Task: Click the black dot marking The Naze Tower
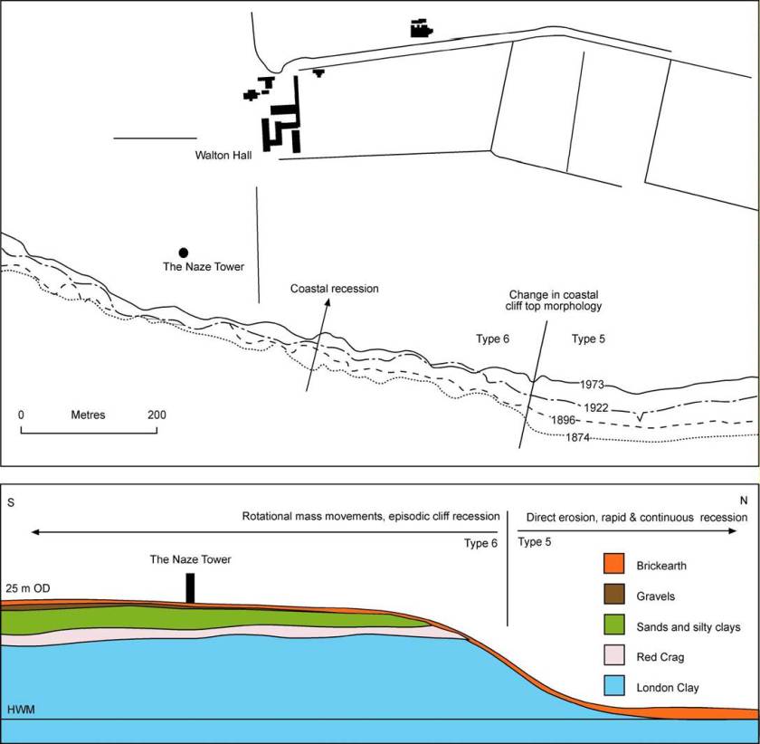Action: click(x=184, y=252)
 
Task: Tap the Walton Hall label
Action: click(x=223, y=155)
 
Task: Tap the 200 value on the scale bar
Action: click(x=157, y=415)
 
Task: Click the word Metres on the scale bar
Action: click(x=88, y=415)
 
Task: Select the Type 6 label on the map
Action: click(x=494, y=339)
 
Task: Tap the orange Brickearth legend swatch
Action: click(x=615, y=567)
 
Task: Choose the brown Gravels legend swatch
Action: click(x=615, y=596)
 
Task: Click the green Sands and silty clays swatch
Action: click(x=615, y=626)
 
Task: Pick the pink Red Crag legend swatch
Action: click(x=615, y=657)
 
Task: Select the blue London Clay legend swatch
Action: click(x=615, y=687)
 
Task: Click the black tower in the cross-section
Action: click(x=190, y=587)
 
